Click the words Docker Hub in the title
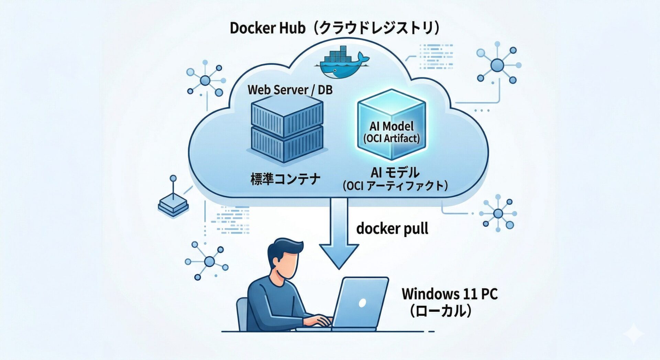click(267, 28)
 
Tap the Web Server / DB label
click(290, 90)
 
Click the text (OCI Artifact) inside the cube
click(392, 139)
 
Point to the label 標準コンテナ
click(285, 179)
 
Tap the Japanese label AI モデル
click(395, 172)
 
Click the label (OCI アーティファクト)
click(395, 186)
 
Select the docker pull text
click(392, 229)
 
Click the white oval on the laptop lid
click(362, 303)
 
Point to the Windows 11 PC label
click(450, 294)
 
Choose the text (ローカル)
click(440, 311)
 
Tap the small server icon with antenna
click(173, 205)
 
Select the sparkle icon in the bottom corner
click(634, 332)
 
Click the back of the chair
click(242, 313)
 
